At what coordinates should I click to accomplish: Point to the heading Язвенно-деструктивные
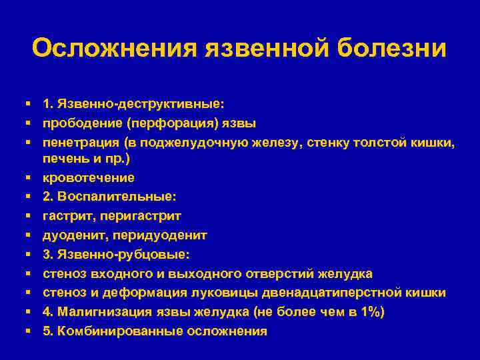(x=141, y=104)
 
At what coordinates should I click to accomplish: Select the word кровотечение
(x=89, y=178)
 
